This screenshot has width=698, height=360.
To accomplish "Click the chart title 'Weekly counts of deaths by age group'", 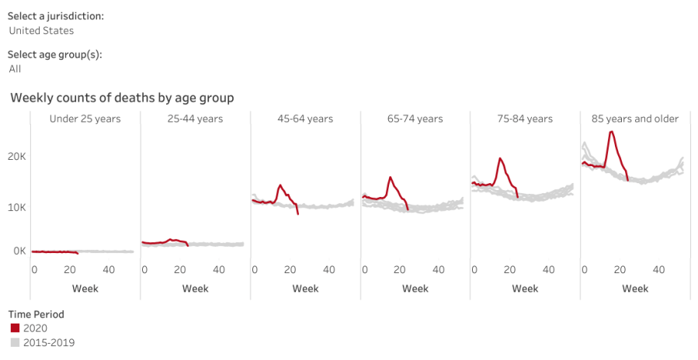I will click(122, 98).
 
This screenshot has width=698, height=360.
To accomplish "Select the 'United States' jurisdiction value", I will click(41, 31).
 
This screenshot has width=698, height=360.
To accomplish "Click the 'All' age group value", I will click(15, 69).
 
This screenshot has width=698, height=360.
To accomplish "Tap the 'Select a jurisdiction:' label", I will click(56, 16).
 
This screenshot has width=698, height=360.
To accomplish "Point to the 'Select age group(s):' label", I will click(55, 55).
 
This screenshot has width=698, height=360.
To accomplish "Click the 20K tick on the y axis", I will click(18, 156).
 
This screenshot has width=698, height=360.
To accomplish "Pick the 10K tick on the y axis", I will click(18, 207).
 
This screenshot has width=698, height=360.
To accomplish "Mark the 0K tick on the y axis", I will click(18, 251).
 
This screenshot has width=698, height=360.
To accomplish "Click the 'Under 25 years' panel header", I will click(85, 119).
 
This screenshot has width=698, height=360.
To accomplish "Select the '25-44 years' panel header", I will click(195, 119).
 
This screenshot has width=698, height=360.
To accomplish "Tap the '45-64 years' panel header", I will click(305, 119).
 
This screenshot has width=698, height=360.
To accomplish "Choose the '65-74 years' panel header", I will click(415, 119).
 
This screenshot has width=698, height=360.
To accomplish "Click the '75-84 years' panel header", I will click(525, 119).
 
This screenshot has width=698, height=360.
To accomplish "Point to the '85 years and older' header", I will click(635, 119).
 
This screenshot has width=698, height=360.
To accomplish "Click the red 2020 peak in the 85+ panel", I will click(612, 132).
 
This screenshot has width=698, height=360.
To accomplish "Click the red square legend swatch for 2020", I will click(15, 328).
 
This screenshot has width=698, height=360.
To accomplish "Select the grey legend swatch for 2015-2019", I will click(15, 342).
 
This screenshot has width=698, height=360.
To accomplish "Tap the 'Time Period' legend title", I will click(36, 314).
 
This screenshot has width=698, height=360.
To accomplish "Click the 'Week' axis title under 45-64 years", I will click(305, 289).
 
